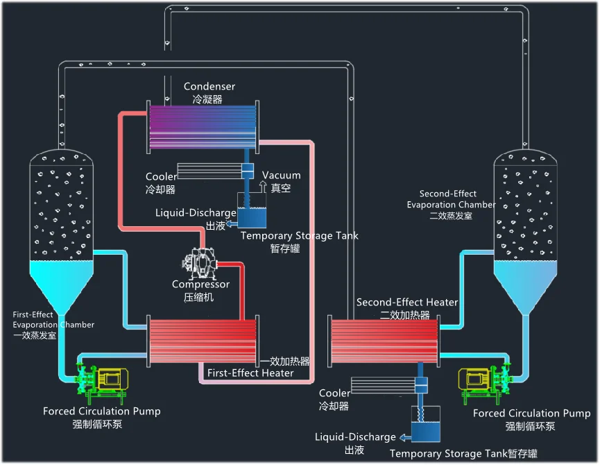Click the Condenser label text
[209, 87]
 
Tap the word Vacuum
[281, 176]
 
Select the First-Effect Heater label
[250, 373]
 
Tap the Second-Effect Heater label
[407, 303]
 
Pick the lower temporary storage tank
[425, 425]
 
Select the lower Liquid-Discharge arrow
[403, 437]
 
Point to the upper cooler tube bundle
[208, 170]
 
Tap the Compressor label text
[200, 285]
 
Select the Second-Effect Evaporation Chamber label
[451, 204]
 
